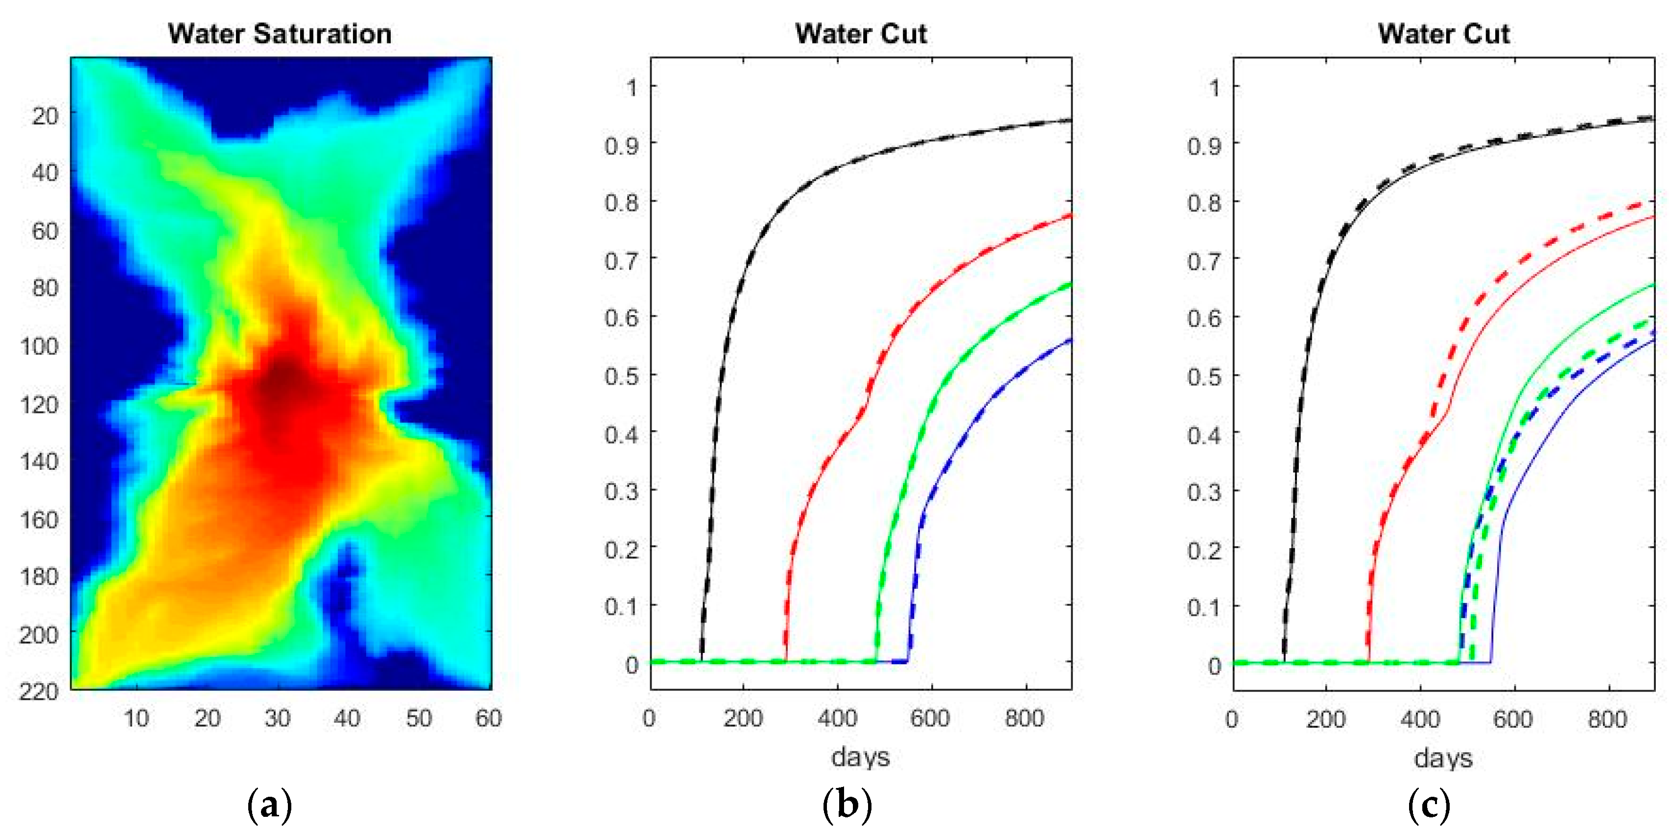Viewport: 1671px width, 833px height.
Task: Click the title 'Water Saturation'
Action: click(x=280, y=34)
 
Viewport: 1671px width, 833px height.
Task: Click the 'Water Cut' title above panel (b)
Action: click(x=861, y=34)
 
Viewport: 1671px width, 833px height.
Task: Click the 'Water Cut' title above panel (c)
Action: click(x=1443, y=34)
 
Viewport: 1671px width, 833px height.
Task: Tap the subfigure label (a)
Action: click(x=270, y=806)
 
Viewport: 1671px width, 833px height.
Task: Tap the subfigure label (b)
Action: click(x=847, y=806)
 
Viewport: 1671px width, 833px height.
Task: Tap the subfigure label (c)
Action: click(x=1429, y=806)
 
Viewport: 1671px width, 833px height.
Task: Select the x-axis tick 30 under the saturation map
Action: click(x=278, y=718)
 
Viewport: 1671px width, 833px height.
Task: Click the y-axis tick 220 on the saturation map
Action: click(x=40, y=691)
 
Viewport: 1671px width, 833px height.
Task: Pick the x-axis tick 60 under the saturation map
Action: click(x=488, y=718)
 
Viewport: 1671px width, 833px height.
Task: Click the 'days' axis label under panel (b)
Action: click(x=860, y=757)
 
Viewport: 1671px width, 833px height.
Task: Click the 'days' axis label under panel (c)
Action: click(x=1443, y=758)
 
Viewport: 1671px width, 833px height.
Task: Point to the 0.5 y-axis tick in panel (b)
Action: click(x=621, y=376)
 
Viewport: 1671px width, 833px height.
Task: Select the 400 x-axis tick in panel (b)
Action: click(x=837, y=718)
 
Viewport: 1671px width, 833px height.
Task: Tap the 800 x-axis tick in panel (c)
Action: click(x=1607, y=719)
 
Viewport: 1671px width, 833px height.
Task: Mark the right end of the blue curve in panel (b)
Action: click(x=1070, y=340)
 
